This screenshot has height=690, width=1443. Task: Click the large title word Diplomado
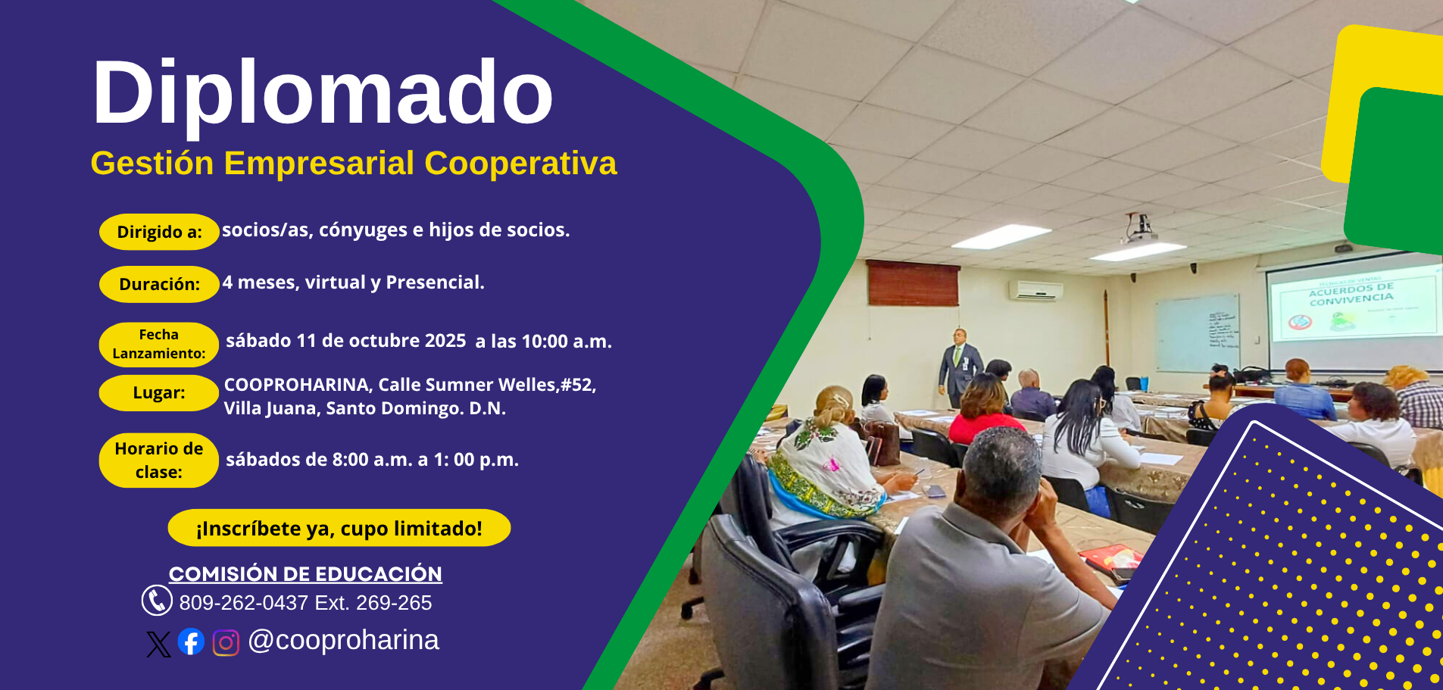click(323, 95)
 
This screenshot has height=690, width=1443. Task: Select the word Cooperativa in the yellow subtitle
click(520, 164)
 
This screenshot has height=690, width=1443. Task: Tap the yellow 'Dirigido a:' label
click(159, 232)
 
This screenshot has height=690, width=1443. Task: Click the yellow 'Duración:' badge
click(159, 284)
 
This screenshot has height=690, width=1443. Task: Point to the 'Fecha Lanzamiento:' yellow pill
click(159, 345)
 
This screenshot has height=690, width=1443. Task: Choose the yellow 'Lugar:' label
click(159, 393)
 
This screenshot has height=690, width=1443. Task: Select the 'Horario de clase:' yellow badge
click(159, 461)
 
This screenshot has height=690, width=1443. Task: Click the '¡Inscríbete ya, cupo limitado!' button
click(339, 528)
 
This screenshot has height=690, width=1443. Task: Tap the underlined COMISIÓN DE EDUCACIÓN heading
click(305, 574)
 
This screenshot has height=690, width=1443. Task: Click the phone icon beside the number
click(157, 601)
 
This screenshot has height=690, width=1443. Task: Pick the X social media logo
click(158, 644)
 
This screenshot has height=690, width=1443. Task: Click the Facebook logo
click(191, 642)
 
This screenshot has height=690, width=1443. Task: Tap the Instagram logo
click(226, 643)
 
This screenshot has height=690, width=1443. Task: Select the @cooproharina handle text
click(343, 641)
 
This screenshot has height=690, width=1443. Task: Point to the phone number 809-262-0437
click(243, 603)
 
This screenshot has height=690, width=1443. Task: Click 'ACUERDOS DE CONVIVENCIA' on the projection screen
click(1351, 294)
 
